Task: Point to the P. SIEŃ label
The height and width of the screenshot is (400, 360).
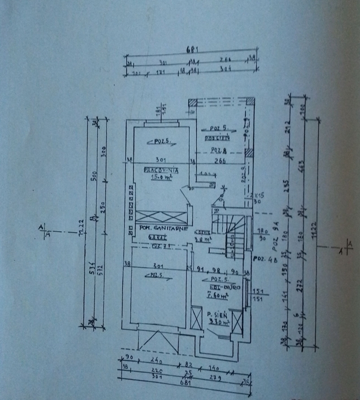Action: [x=216, y=315]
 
